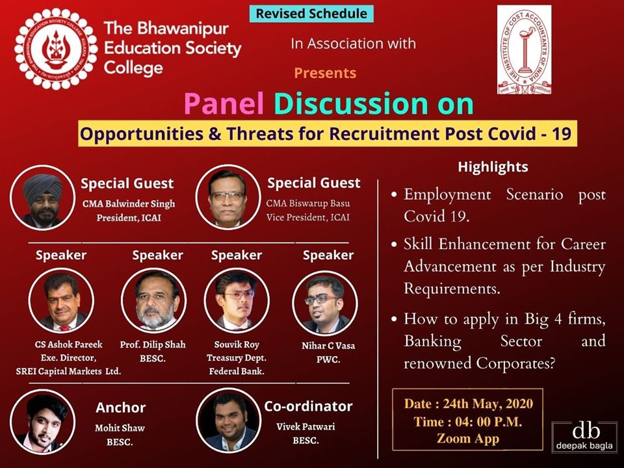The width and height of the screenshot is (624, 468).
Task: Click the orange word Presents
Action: click(x=325, y=73)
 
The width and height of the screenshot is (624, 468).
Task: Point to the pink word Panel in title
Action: click(x=224, y=104)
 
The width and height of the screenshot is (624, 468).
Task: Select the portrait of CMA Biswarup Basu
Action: click(x=227, y=196)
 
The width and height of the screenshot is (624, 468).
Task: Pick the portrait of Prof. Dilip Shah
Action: click(x=153, y=300)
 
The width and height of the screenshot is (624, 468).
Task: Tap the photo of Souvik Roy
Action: click(x=237, y=300)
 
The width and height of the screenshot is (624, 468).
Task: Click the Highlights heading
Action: click(x=493, y=167)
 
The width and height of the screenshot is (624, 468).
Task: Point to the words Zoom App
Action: click(x=468, y=438)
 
